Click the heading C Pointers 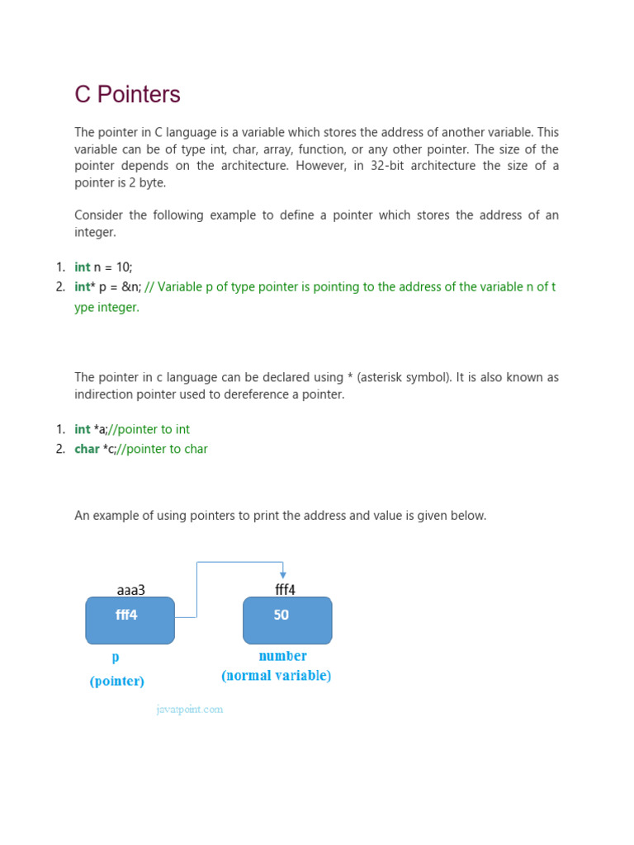127,95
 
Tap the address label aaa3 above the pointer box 130,590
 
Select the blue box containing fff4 130,620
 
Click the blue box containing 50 287,620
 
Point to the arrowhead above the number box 283,574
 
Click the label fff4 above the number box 285,590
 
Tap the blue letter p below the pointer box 116,658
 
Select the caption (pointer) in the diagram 117,681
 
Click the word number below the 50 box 282,656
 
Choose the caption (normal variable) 277,676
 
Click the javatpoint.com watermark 190,709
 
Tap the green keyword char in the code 87,449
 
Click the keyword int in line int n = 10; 82,267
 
